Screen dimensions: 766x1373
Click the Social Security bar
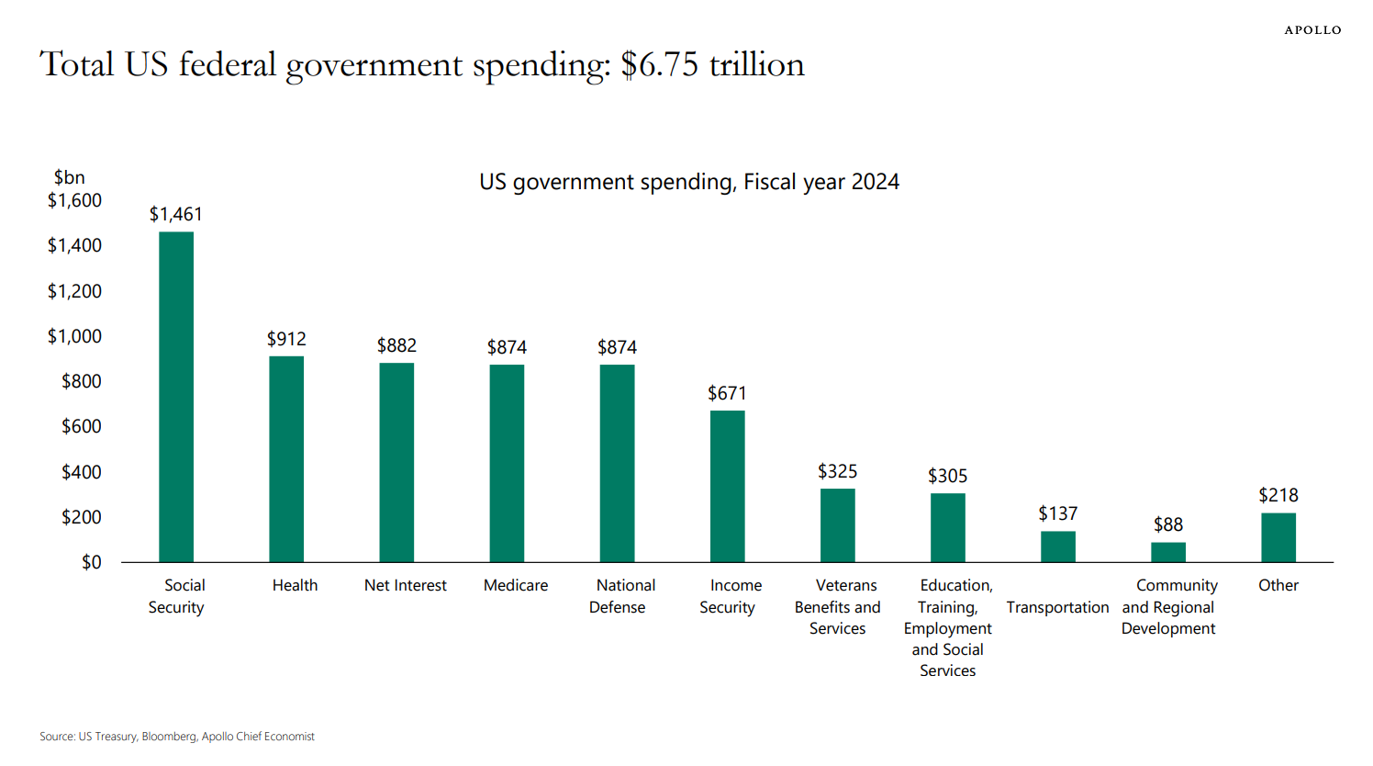pos(176,397)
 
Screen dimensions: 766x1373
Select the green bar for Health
pos(286,459)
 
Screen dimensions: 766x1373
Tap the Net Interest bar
pos(396,462)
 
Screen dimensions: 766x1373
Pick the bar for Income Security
pos(727,486)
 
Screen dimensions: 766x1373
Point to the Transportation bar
pos(1057,546)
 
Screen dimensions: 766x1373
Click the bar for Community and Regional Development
pos(1167,552)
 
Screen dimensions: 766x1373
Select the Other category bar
pos(1278,537)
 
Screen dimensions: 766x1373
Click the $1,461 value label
pos(176,214)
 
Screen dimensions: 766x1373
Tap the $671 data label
pos(727,393)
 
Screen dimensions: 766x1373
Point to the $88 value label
pos(1167,524)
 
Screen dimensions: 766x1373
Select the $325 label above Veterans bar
pos(837,471)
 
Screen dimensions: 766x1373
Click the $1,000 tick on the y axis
pos(74,336)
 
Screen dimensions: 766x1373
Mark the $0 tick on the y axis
pos(91,562)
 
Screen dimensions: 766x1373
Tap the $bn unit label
pos(69,177)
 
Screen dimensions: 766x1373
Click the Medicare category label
pos(516,585)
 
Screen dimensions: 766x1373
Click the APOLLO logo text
pos(1312,30)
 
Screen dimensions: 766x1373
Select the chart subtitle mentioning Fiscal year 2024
pos(689,182)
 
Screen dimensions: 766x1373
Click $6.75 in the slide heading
pos(659,64)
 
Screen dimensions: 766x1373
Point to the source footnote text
pos(177,737)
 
